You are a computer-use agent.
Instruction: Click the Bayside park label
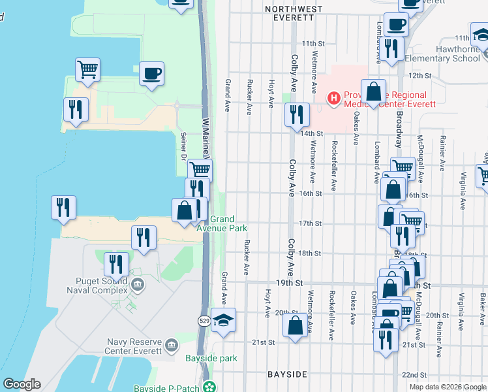[211, 358]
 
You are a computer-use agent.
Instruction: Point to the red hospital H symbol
[334, 99]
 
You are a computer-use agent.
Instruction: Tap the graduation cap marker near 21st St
[223, 321]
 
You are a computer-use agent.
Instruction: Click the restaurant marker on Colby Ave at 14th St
[297, 114]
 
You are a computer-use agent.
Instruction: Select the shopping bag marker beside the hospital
[374, 92]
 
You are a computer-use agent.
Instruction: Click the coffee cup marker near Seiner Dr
[151, 74]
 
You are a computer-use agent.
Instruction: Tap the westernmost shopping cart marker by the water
[87, 69]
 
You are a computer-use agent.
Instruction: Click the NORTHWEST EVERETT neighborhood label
[294, 9]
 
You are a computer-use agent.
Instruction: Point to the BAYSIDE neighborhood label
[288, 374]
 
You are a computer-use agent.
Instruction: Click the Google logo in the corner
[22, 384]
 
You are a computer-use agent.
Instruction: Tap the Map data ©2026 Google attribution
[448, 387]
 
